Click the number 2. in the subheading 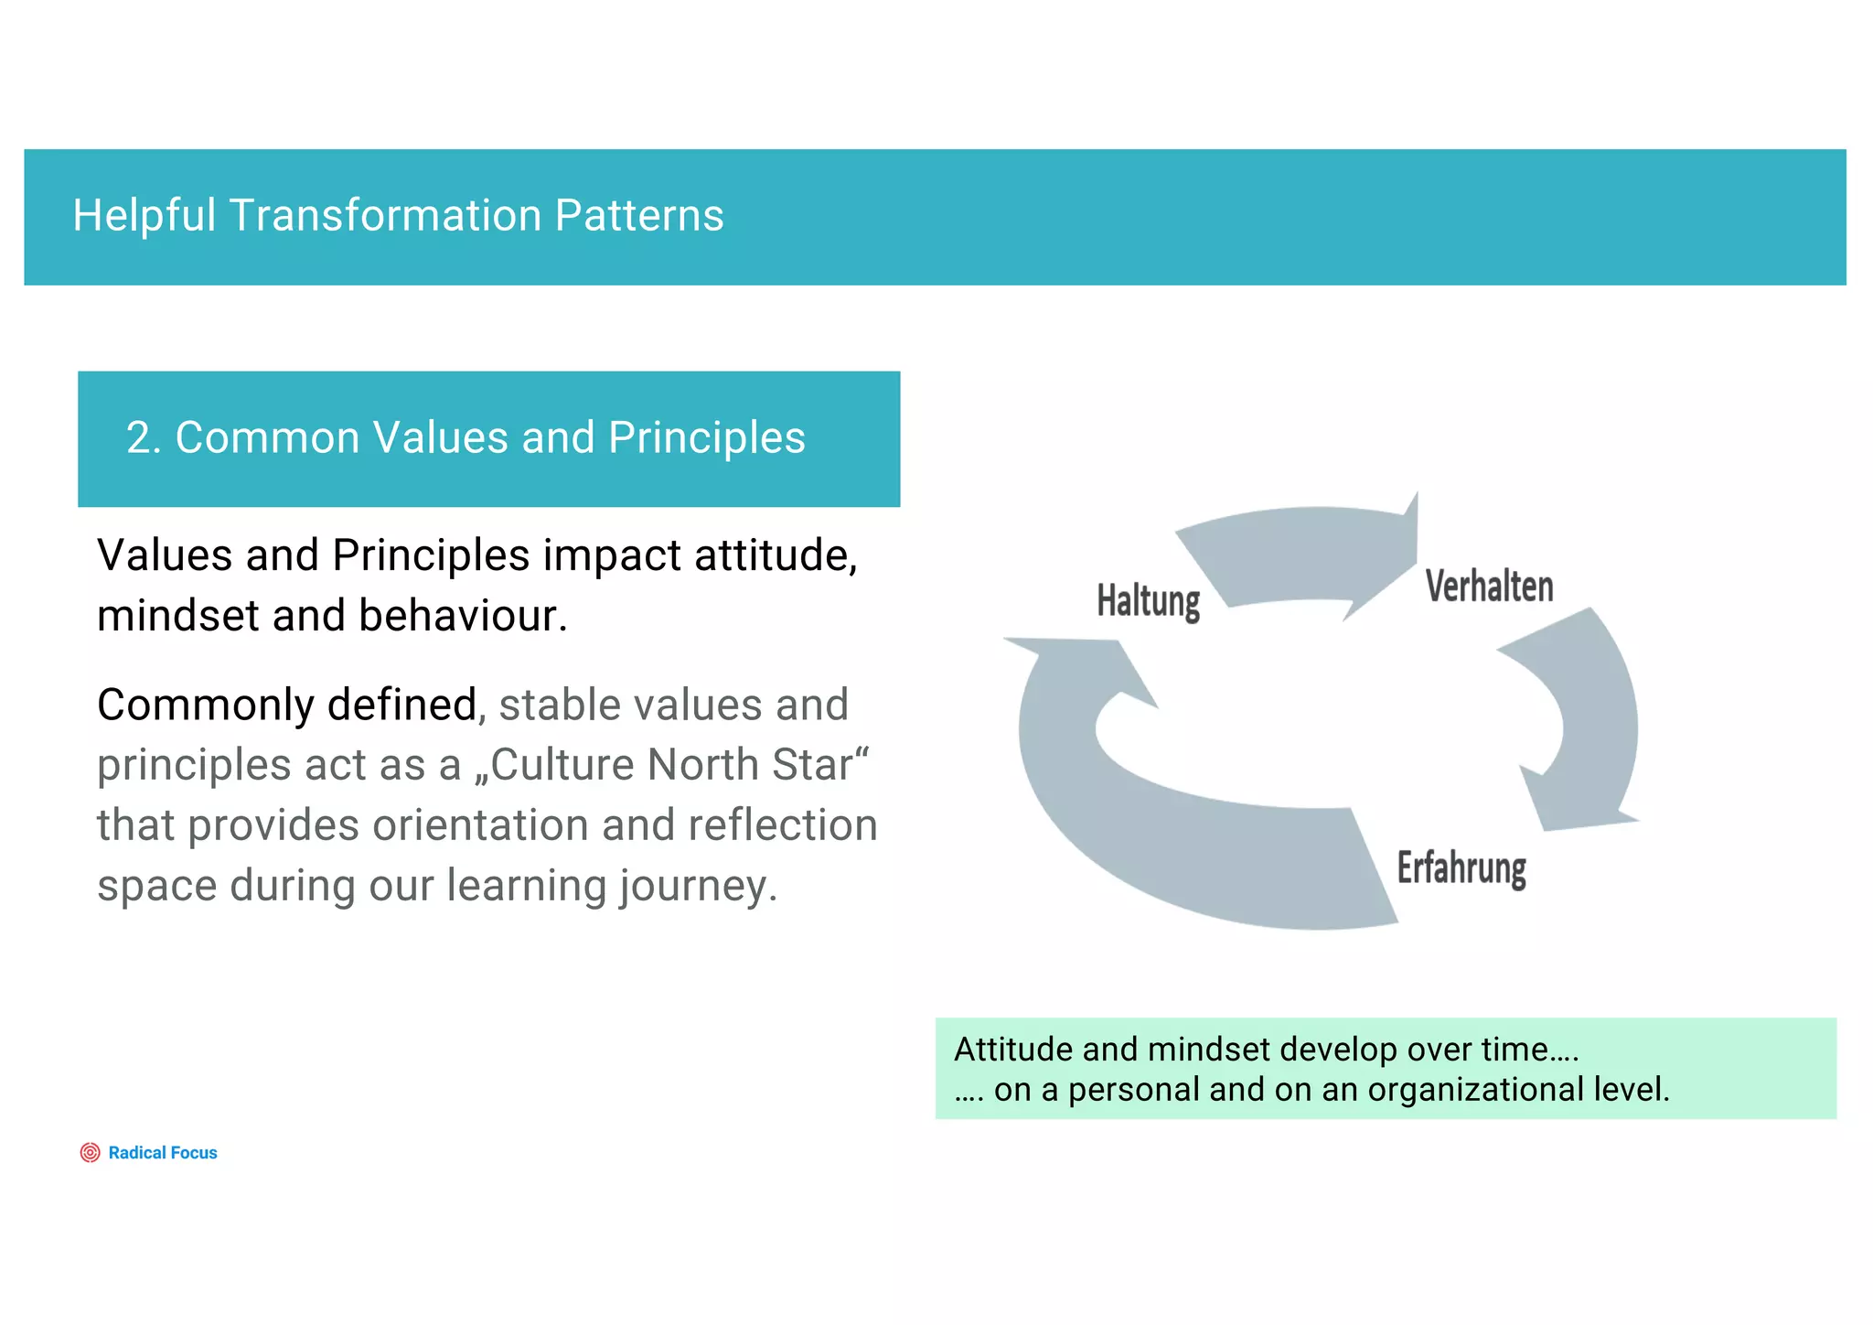[144, 437]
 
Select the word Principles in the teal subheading [706, 437]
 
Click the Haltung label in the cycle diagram [1148, 601]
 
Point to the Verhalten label [1489, 587]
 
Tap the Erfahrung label [1461, 867]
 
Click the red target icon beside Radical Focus [90, 1153]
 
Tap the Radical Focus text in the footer [163, 1153]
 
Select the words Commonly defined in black [286, 706]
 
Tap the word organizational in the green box [1475, 1090]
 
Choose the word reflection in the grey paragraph [783, 825]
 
